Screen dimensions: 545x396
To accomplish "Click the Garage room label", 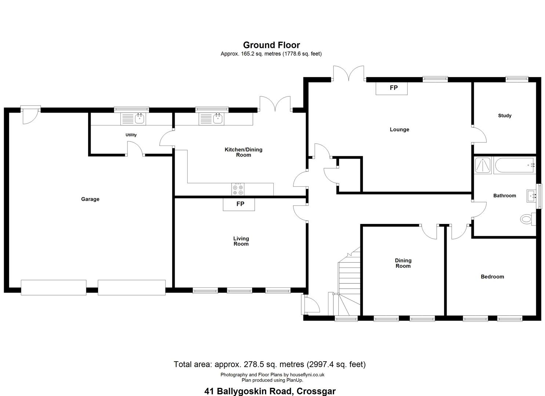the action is point(90,199).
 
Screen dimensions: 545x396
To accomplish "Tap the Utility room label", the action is point(131,135).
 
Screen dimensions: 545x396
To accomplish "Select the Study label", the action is point(505,116).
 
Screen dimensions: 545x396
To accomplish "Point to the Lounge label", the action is point(399,129).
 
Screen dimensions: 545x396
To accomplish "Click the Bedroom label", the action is point(492,276).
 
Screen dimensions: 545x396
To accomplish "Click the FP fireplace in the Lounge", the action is point(392,88).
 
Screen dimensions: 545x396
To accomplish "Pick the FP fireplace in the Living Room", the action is point(239,204).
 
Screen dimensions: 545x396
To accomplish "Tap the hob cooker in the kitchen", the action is point(238,189).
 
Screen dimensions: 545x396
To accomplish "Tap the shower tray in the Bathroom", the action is point(483,165).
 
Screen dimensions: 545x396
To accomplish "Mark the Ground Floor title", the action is point(272,45).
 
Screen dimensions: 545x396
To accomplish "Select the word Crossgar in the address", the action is point(316,391).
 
